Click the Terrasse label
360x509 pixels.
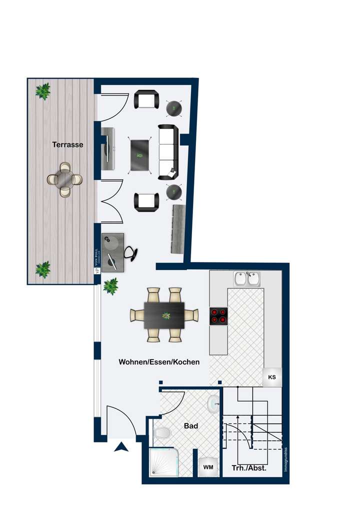(x=67, y=144)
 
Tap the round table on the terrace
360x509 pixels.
(x=64, y=178)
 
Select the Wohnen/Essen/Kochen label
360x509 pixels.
(x=159, y=362)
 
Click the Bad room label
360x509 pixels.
(x=190, y=426)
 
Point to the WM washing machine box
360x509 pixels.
(x=208, y=467)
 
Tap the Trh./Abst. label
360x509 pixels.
(x=248, y=468)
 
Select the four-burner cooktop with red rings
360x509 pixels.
(x=218, y=316)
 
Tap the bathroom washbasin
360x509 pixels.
(x=214, y=402)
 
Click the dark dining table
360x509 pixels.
(x=164, y=315)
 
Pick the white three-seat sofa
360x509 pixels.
(x=168, y=152)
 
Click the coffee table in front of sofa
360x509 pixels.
(x=140, y=155)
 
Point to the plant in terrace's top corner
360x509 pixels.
(x=43, y=91)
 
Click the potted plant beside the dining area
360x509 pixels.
(x=110, y=286)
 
